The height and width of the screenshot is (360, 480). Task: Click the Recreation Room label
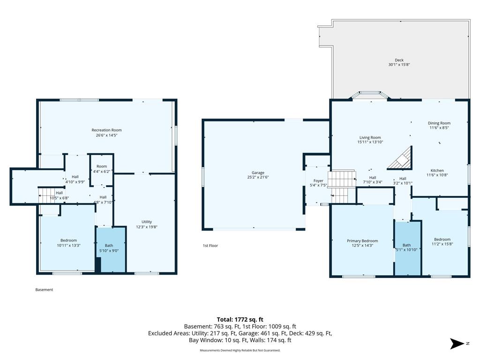(106, 130)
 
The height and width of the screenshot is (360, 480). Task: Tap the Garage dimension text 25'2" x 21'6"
(258, 177)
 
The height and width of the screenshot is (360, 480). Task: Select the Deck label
(399, 60)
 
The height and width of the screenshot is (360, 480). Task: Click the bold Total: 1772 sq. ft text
(240, 320)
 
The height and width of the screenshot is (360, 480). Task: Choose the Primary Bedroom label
(362, 241)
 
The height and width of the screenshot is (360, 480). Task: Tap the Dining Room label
(439, 123)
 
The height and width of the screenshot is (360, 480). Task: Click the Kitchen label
(437, 171)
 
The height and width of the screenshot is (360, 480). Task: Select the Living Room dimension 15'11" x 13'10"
(370, 142)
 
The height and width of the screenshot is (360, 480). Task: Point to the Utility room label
(147, 222)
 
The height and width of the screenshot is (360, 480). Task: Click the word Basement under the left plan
(44, 290)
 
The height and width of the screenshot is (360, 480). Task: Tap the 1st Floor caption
(210, 246)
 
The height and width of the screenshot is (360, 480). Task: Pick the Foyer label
(318, 181)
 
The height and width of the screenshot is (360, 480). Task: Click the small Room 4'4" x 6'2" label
(102, 169)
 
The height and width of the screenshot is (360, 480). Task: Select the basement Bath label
(109, 246)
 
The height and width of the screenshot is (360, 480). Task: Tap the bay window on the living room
(370, 95)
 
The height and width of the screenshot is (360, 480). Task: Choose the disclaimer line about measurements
(240, 350)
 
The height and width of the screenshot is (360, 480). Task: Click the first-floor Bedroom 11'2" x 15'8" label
(442, 242)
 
